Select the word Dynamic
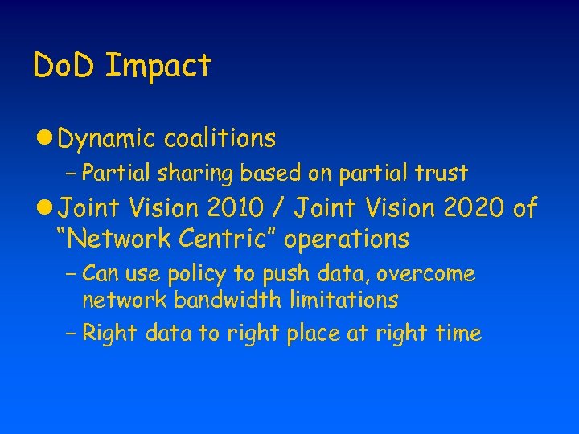106,140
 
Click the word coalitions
220,138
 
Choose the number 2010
235,209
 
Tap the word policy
193,276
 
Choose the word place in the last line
316,334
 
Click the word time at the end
458,333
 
